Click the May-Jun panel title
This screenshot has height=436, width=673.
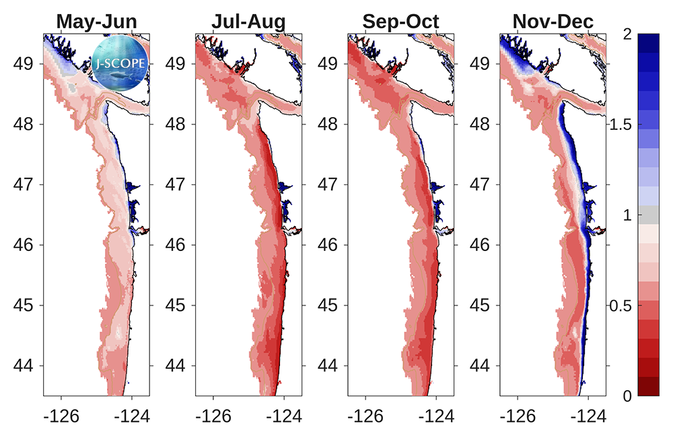pyautogui.click(x=96, y=22)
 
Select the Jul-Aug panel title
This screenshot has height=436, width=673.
pyautogui.click(x=248, y=22)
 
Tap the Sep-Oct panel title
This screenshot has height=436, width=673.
pyautogui.click(x=401, y=22)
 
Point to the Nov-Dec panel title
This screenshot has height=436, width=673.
pyautogui.click(x=553, y=22)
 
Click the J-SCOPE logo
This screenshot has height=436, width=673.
pyautogui.click(x=120, y=63)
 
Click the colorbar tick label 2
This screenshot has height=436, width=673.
pyautogui.click(x=627, y=34)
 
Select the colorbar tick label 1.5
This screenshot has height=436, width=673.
pyautogui.click(x=621, y=124)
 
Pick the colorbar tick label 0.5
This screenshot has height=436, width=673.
pyautogui.click(x=621, y=305)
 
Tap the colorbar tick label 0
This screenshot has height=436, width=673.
pyautogui.click(x=627, y=396)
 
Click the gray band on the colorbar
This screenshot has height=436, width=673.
pyautogui.click(x=648, y=215)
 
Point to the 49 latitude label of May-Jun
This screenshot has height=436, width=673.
pyautogui.click(x=23, y=63)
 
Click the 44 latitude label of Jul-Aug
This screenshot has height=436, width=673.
pyautogui.click(x=175, y=365)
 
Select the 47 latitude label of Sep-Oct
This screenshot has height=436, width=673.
pyautogui.click(x=328, y=184)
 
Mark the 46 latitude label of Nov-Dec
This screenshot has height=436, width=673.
pyautogui.click(x=479, y=245)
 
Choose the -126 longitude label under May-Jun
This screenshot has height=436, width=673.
pyautogui.click(x=61, y=416)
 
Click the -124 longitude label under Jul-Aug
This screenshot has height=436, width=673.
pyautogui.click(x=284, y=416)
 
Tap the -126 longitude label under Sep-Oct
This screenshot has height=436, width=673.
pyautogui.click(x=365, y=416)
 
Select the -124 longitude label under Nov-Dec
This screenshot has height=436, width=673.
pyautogui.click(x=588, y=416)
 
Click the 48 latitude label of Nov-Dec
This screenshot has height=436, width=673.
pyautogui.click(x=479, y=124)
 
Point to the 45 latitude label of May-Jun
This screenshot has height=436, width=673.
pyautogui.click(x=23, y=305)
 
